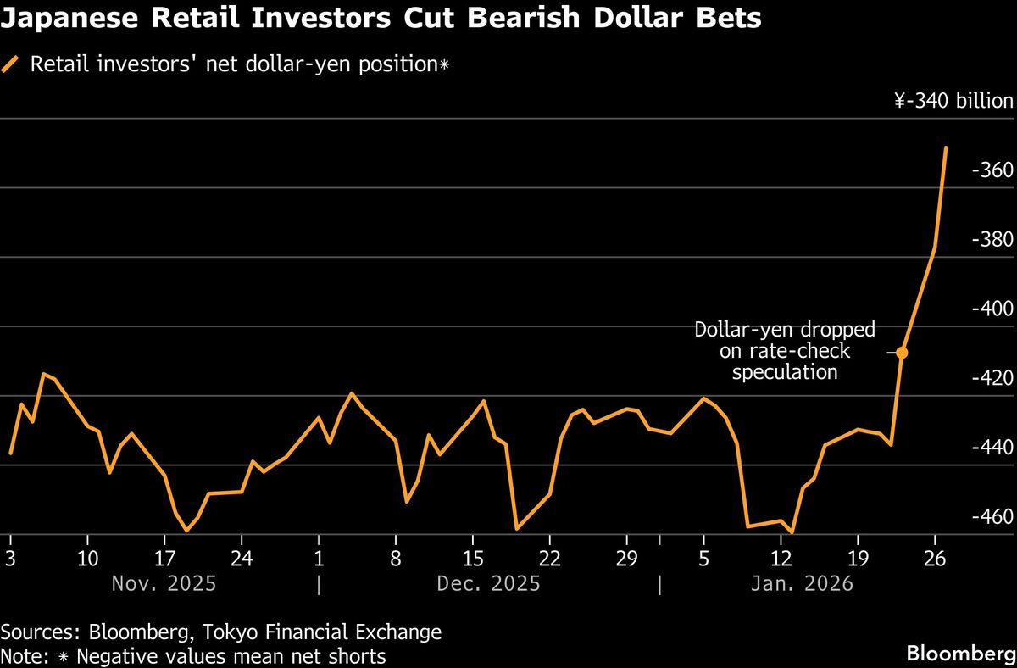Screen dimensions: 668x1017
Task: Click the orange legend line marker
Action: click(x=11, y=64)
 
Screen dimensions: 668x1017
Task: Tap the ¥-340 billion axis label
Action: click(x=953, y=102)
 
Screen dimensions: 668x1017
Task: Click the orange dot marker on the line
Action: click(x=902, y=353)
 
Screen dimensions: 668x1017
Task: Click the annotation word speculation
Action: click(x=785, y=372)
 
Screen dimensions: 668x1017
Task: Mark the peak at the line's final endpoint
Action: click(x=946, y=148)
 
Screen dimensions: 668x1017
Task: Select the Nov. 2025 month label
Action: click(x=163, y=584)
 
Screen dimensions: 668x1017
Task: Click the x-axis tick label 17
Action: click(x=164, y=559)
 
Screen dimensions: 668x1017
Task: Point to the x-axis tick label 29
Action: click(x=627, y=559)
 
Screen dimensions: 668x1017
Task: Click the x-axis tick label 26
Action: click(x=935, y=559)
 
